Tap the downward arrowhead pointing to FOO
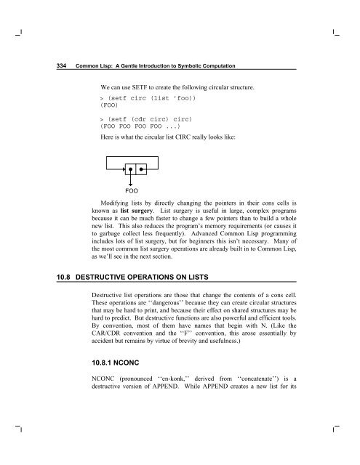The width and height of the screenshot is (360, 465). coord(130,185)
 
